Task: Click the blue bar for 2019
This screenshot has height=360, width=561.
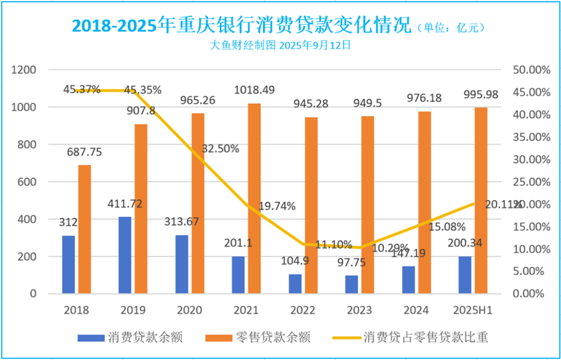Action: pos(125,255)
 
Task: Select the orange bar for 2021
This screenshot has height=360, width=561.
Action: pos(254,198)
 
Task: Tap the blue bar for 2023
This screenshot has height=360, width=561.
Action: pos(351,284)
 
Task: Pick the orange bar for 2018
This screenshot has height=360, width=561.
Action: pos(85,229)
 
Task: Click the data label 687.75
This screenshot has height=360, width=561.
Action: pos(84,152)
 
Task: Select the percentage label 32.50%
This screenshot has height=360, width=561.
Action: pos(220,149)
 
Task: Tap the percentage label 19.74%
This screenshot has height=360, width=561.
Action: pos(276,206)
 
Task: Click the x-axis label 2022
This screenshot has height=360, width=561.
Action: pos(303,310)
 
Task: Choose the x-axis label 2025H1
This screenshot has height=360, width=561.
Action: pos(472,310)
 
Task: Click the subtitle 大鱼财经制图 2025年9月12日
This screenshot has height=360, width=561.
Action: pos(280,45)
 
